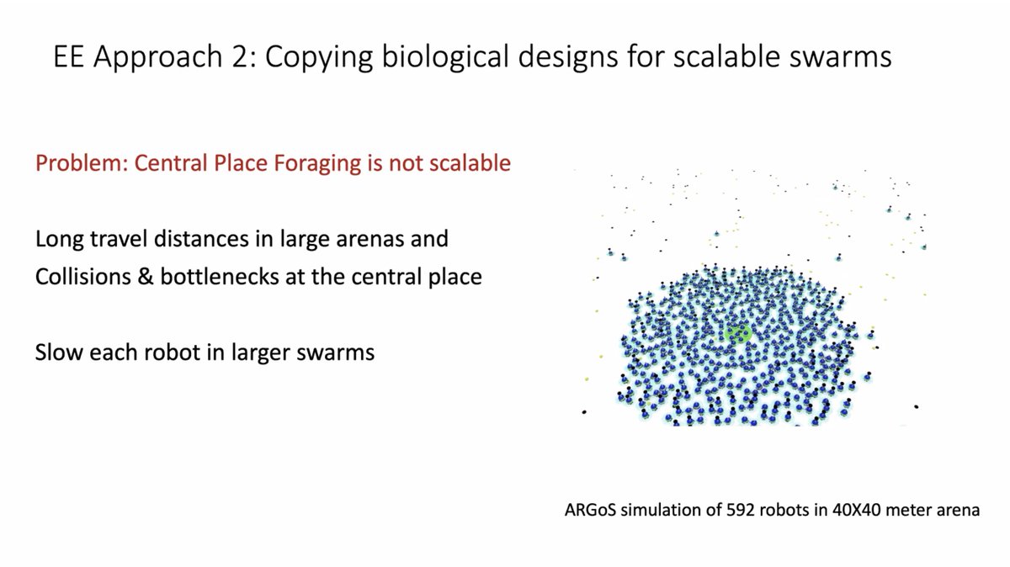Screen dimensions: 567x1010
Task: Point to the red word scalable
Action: pos(468,162)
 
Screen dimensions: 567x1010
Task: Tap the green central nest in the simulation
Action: pos(737,333)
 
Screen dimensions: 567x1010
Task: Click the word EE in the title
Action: pos(69,58)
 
